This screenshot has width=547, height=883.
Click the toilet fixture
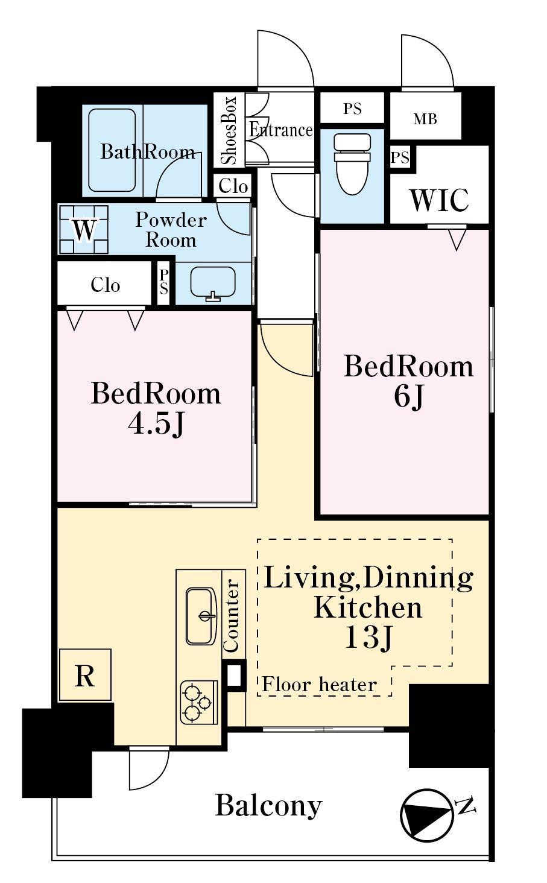click(352, 163)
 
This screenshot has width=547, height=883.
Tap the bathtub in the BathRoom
click(112, 150)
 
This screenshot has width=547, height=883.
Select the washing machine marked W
click(84, 229)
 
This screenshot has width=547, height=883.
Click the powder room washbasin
click(213, 283)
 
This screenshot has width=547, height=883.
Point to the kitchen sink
click(201, 616)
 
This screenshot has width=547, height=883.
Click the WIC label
click(440, 200)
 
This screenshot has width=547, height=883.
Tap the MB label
click(425, 119)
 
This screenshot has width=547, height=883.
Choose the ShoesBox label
click(229, 130)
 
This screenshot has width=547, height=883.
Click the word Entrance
click(281, 130)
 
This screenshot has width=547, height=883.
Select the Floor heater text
click(319, 684)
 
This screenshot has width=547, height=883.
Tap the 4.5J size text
click(156, 425)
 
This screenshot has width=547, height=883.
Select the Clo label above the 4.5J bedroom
click(105, 285)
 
